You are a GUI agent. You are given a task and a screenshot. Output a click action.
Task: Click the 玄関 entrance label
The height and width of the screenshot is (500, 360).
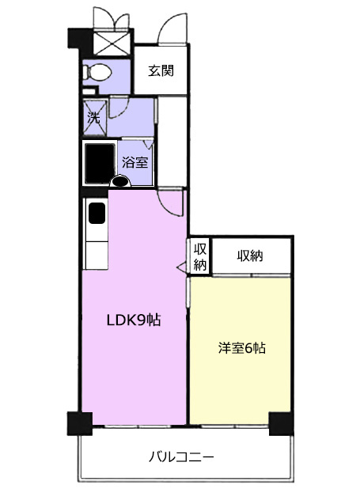pos(161,70)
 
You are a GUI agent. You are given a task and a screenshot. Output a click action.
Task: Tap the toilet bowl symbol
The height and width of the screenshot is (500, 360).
pos(97,72)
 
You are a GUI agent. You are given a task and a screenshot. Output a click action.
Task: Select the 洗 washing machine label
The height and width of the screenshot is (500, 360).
pos(93,118)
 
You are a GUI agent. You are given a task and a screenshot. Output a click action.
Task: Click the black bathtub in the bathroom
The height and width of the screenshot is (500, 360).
pos(100,163)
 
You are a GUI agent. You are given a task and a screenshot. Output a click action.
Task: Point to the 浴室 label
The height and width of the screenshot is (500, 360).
pos(135,163)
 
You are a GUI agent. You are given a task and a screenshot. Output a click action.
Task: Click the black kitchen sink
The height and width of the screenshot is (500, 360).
pos(97,213)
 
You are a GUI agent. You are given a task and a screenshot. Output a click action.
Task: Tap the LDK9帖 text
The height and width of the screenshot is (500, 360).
pos(134,320)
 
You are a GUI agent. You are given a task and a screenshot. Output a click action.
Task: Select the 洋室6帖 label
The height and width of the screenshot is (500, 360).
pos(242,348)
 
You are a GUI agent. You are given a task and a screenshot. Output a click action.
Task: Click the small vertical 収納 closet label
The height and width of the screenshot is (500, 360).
pos(200,256)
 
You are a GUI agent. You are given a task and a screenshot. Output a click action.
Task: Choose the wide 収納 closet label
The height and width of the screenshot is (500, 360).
pos(250,256)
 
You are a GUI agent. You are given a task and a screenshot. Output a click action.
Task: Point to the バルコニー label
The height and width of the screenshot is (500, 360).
pos(182,457)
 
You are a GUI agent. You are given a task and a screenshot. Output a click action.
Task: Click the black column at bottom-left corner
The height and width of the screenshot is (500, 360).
pos(79,423)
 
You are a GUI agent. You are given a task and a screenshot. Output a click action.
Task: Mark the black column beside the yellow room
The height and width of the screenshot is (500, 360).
pos(281,423)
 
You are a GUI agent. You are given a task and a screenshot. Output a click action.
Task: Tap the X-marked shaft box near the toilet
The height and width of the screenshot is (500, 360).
pos(112,42)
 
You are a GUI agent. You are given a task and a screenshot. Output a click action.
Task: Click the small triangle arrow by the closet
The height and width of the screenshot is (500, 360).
pos(181,267)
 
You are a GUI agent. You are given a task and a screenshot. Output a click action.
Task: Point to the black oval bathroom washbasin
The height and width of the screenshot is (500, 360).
pos(120,182)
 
